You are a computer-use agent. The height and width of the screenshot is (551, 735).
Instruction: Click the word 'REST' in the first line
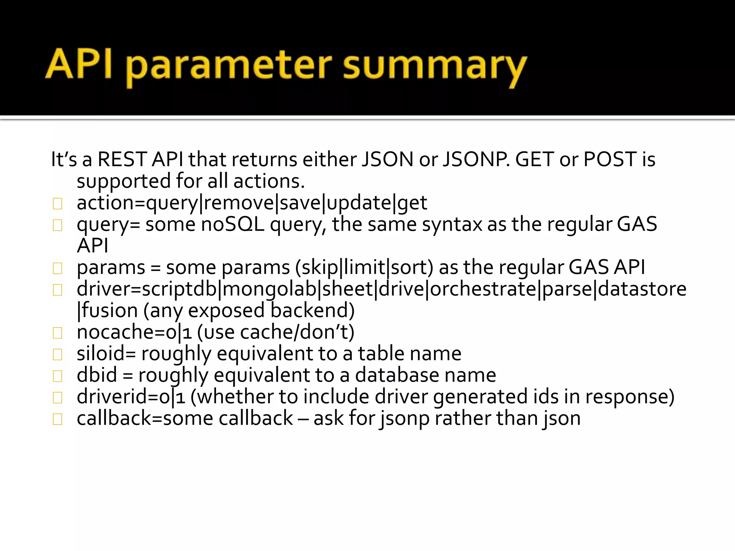(x=122, y=159)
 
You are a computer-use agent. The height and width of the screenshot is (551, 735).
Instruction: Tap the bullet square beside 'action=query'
(x=57, y=204)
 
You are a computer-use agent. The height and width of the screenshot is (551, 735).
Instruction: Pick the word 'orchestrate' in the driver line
(x=483, y=289)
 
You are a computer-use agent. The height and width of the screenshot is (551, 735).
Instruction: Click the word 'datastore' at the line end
(x=642, y=289)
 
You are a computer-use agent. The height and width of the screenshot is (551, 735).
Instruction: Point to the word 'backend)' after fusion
(x=312, y=311)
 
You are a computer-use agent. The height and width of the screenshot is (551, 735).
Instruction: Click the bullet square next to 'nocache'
(x=57, y=333)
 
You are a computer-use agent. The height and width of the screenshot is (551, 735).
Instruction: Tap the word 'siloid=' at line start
(x=106, y=354)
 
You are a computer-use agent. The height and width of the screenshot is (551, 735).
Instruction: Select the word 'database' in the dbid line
(x=397, y=375)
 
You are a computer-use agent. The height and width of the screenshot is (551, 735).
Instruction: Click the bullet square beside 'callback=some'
(x=57, y=419)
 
